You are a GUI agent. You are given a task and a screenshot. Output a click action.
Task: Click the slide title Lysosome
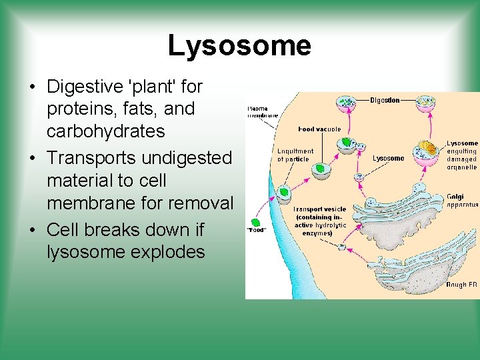click(239, 45)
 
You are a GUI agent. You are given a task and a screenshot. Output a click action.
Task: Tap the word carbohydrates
click(105, 131)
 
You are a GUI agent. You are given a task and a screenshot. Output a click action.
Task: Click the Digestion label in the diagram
click(385, 101)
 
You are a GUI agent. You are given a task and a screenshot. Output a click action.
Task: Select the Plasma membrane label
click(258, 111)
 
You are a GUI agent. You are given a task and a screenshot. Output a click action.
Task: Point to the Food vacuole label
click(319, 129)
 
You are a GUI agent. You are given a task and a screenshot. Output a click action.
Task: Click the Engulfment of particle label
click(295, 155)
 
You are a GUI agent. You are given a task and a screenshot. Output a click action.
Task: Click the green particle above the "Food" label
click(255, 222)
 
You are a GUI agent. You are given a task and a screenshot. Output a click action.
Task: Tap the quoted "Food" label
click(257, 231)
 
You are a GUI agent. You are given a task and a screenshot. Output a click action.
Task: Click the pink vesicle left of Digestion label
click(346, 102)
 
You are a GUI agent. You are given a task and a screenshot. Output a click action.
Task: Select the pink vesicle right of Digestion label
click(425, 102)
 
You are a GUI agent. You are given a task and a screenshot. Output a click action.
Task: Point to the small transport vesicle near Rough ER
click(342, 247)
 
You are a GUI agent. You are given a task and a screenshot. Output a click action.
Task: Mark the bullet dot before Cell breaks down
click(32, 230)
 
